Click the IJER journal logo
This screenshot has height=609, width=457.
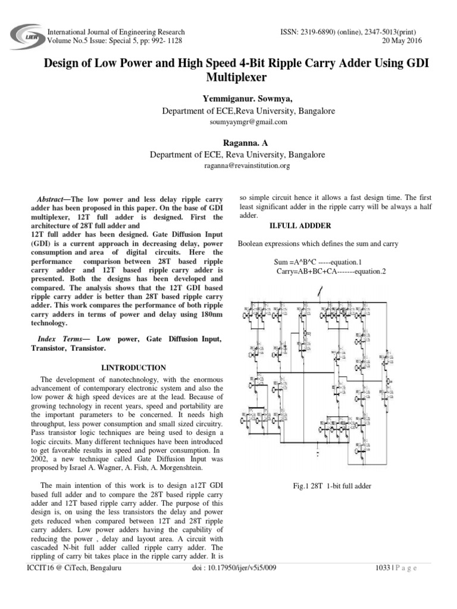pos(24,36)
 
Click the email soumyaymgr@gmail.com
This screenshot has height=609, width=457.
pos(228,122)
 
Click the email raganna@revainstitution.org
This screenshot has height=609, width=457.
pos(228,166)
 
